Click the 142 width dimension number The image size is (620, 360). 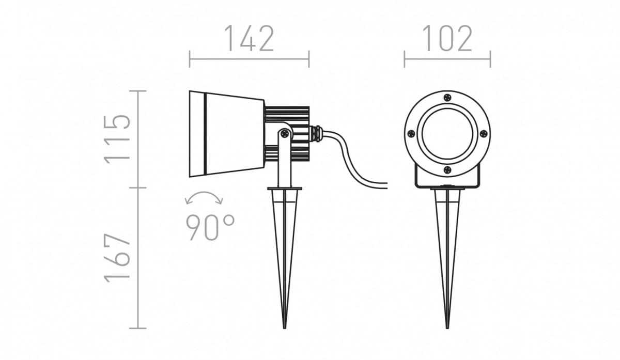pyautogui.click(x=249, y=38)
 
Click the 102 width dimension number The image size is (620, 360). pyautogui.click(x=447, y=38)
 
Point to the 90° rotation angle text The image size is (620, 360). pyautogui.click(x=210, y=227)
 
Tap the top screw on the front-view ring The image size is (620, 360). pyautogui.click(x=447, y=98)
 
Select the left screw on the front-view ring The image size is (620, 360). pyautogui.click(x=412, y=134)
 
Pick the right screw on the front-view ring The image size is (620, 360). pyautogui.click(x=484, y=134)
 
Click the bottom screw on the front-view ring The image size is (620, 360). pyautogui.click(x=447, y=169)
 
